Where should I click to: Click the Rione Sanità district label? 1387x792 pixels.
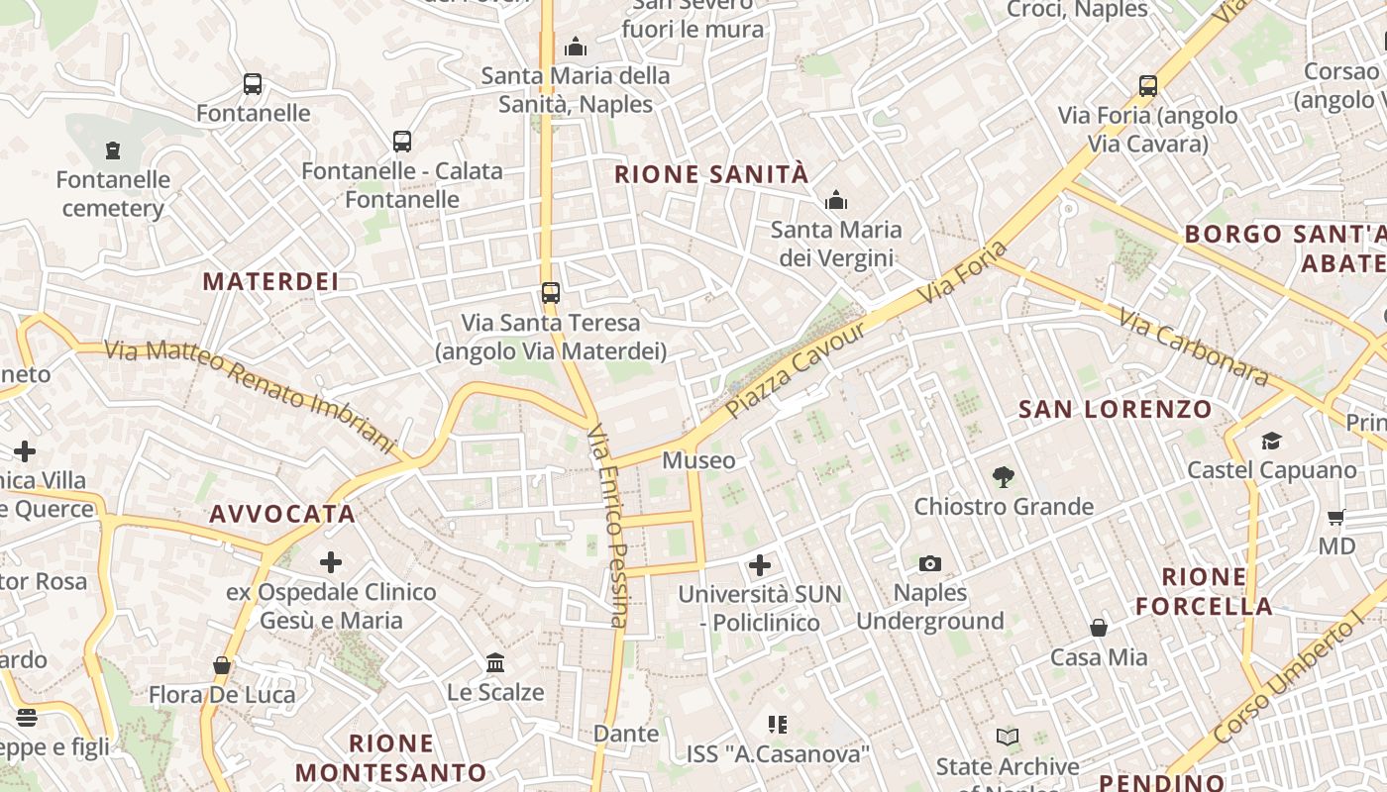(x=711, y=175)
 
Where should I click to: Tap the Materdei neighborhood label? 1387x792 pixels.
(x=270, y=281)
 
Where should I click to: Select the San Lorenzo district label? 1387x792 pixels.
(x=1116, y=409)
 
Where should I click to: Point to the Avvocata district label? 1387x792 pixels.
(x=282, y=514)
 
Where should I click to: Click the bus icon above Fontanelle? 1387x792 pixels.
(x=253, y=84)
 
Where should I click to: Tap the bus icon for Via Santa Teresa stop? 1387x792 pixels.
(x=550, y=293)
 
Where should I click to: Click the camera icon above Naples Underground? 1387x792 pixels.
(x=929, y=563)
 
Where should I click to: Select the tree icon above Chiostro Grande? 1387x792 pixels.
(x=1004, y=477)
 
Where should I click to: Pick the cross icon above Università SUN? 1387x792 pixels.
(x=760, y=565)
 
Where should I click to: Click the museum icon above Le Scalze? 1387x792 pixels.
(x=495, y=662)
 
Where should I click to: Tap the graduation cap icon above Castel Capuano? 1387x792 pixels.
(x=1271, y=441)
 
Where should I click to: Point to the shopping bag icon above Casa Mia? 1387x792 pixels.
(x=1099, y=628)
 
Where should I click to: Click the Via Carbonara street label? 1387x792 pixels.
(x=1193, y=347)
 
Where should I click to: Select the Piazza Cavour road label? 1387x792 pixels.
(x=796, y=368)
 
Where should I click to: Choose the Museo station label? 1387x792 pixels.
(x=698, y=460)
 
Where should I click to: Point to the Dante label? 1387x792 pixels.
(x=625, y=734)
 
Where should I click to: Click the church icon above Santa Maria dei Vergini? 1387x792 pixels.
(x=836, y=201)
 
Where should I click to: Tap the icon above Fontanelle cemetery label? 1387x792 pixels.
(x=113, y=150)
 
